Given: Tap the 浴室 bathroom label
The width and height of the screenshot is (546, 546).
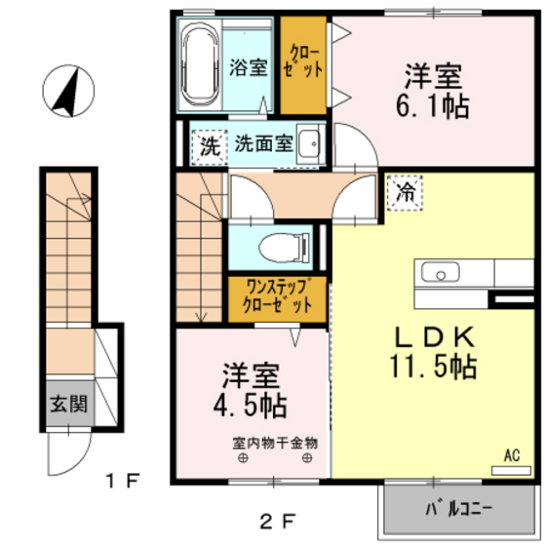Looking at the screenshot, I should pyautogui.click(x=248, y=68).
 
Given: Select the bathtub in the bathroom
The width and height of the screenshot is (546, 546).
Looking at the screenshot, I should pyautogui.click(x=202, y=68).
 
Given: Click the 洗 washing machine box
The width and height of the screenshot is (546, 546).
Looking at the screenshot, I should pyautogui.click(x=207, y=146).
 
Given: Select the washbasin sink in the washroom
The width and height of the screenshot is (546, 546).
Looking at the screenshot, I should pyautogui.click(x=308, y=143).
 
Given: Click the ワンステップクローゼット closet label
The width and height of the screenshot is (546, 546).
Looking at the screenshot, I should pyautogui.click(x=278, y=295).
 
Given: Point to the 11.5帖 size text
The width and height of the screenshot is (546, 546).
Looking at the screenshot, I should pyautogui.click(x=436, y=368).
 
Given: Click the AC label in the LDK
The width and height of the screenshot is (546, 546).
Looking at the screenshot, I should pyautogui.click(x=511, y=454).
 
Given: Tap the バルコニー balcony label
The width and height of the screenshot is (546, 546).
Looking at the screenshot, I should pyautogui.click(x=458, y=508).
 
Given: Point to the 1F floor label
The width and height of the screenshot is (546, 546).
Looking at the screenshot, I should pyautogui.click(x=123, y=481).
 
